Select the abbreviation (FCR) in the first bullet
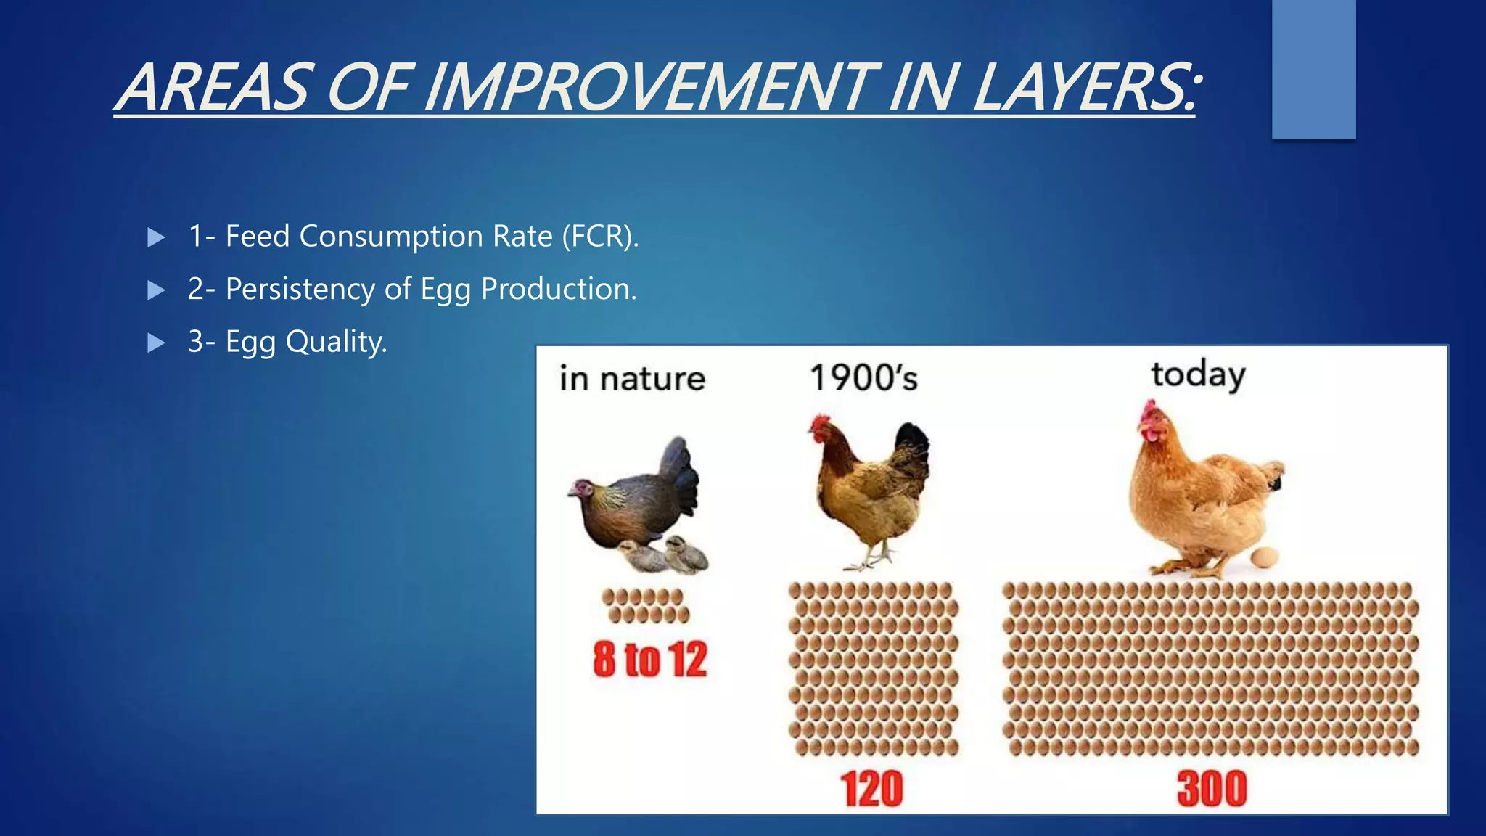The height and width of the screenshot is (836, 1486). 600,237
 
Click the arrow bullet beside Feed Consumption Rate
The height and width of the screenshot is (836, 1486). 156,237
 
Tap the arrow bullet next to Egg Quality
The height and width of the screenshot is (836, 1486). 156,343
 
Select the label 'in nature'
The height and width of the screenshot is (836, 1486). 632,379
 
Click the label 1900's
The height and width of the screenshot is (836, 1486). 863,378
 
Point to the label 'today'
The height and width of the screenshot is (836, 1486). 1198,375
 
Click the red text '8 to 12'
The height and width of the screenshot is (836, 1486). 649,659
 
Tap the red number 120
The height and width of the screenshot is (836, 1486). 872,789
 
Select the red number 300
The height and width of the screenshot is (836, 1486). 1212,789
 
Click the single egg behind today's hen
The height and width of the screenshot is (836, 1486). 1265,557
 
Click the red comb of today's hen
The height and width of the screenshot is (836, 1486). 1147,411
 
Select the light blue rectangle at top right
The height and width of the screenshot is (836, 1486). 1313,69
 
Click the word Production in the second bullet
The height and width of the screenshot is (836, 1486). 559,289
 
